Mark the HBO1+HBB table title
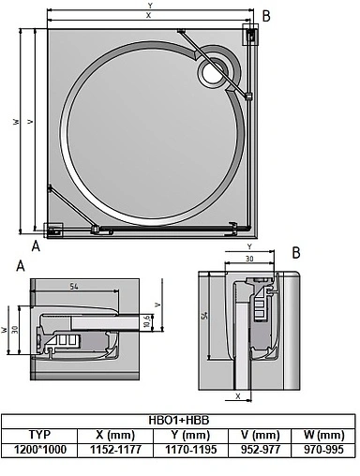tap(178, 421)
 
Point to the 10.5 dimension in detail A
tap(146, 323)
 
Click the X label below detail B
tap(238, 396)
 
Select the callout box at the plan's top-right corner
tap(252, 34)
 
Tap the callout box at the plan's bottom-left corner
tap(52, 228)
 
